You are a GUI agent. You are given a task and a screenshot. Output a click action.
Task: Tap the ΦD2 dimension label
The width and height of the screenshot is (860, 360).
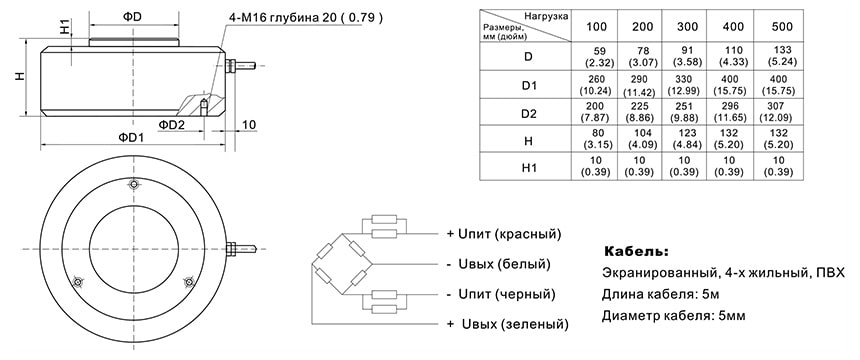172,124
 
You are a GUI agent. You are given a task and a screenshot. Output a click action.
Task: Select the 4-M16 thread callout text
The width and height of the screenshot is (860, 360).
306,19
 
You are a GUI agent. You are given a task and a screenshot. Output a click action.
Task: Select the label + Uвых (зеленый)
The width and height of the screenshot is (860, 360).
508,325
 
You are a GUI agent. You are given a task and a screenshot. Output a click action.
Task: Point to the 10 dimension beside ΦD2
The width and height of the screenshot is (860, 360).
249,124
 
